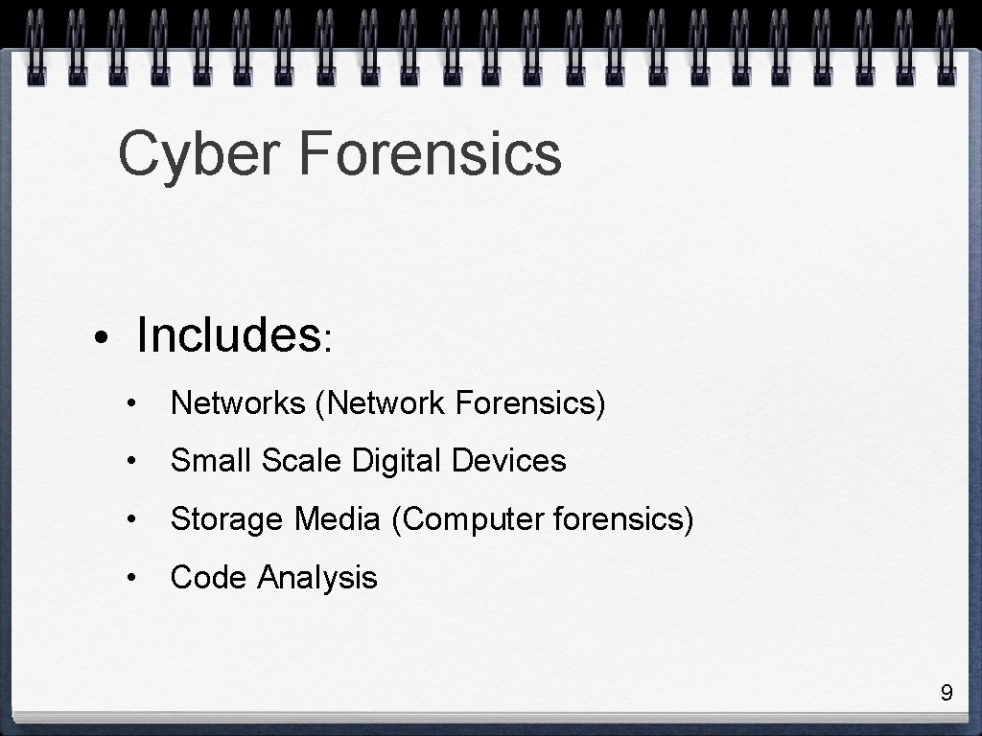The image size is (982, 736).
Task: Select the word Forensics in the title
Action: (x=430, y=153)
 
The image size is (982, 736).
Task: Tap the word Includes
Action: (x=228, y=335)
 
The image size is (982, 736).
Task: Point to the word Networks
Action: (x=238, y=404)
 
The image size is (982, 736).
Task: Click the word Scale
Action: (x=301, y=461)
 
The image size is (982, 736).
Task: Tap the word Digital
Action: (x=398, y=462)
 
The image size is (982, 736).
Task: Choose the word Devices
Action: (x=509, y=461)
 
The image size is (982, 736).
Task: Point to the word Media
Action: (x=338, y=519)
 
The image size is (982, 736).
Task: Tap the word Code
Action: (x=208, y=578)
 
